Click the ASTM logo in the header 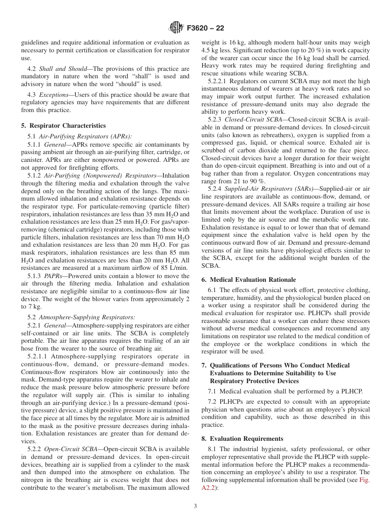click(x=176, y=28)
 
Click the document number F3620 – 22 click(x=205, y=28)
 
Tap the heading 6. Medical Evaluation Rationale click(x=249, y=279)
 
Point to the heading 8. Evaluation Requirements click(x=242, y=438)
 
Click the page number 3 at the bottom click(x=195, y=506)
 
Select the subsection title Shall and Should click(x=63, y=69)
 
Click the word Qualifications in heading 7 click(x=229, y=365)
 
